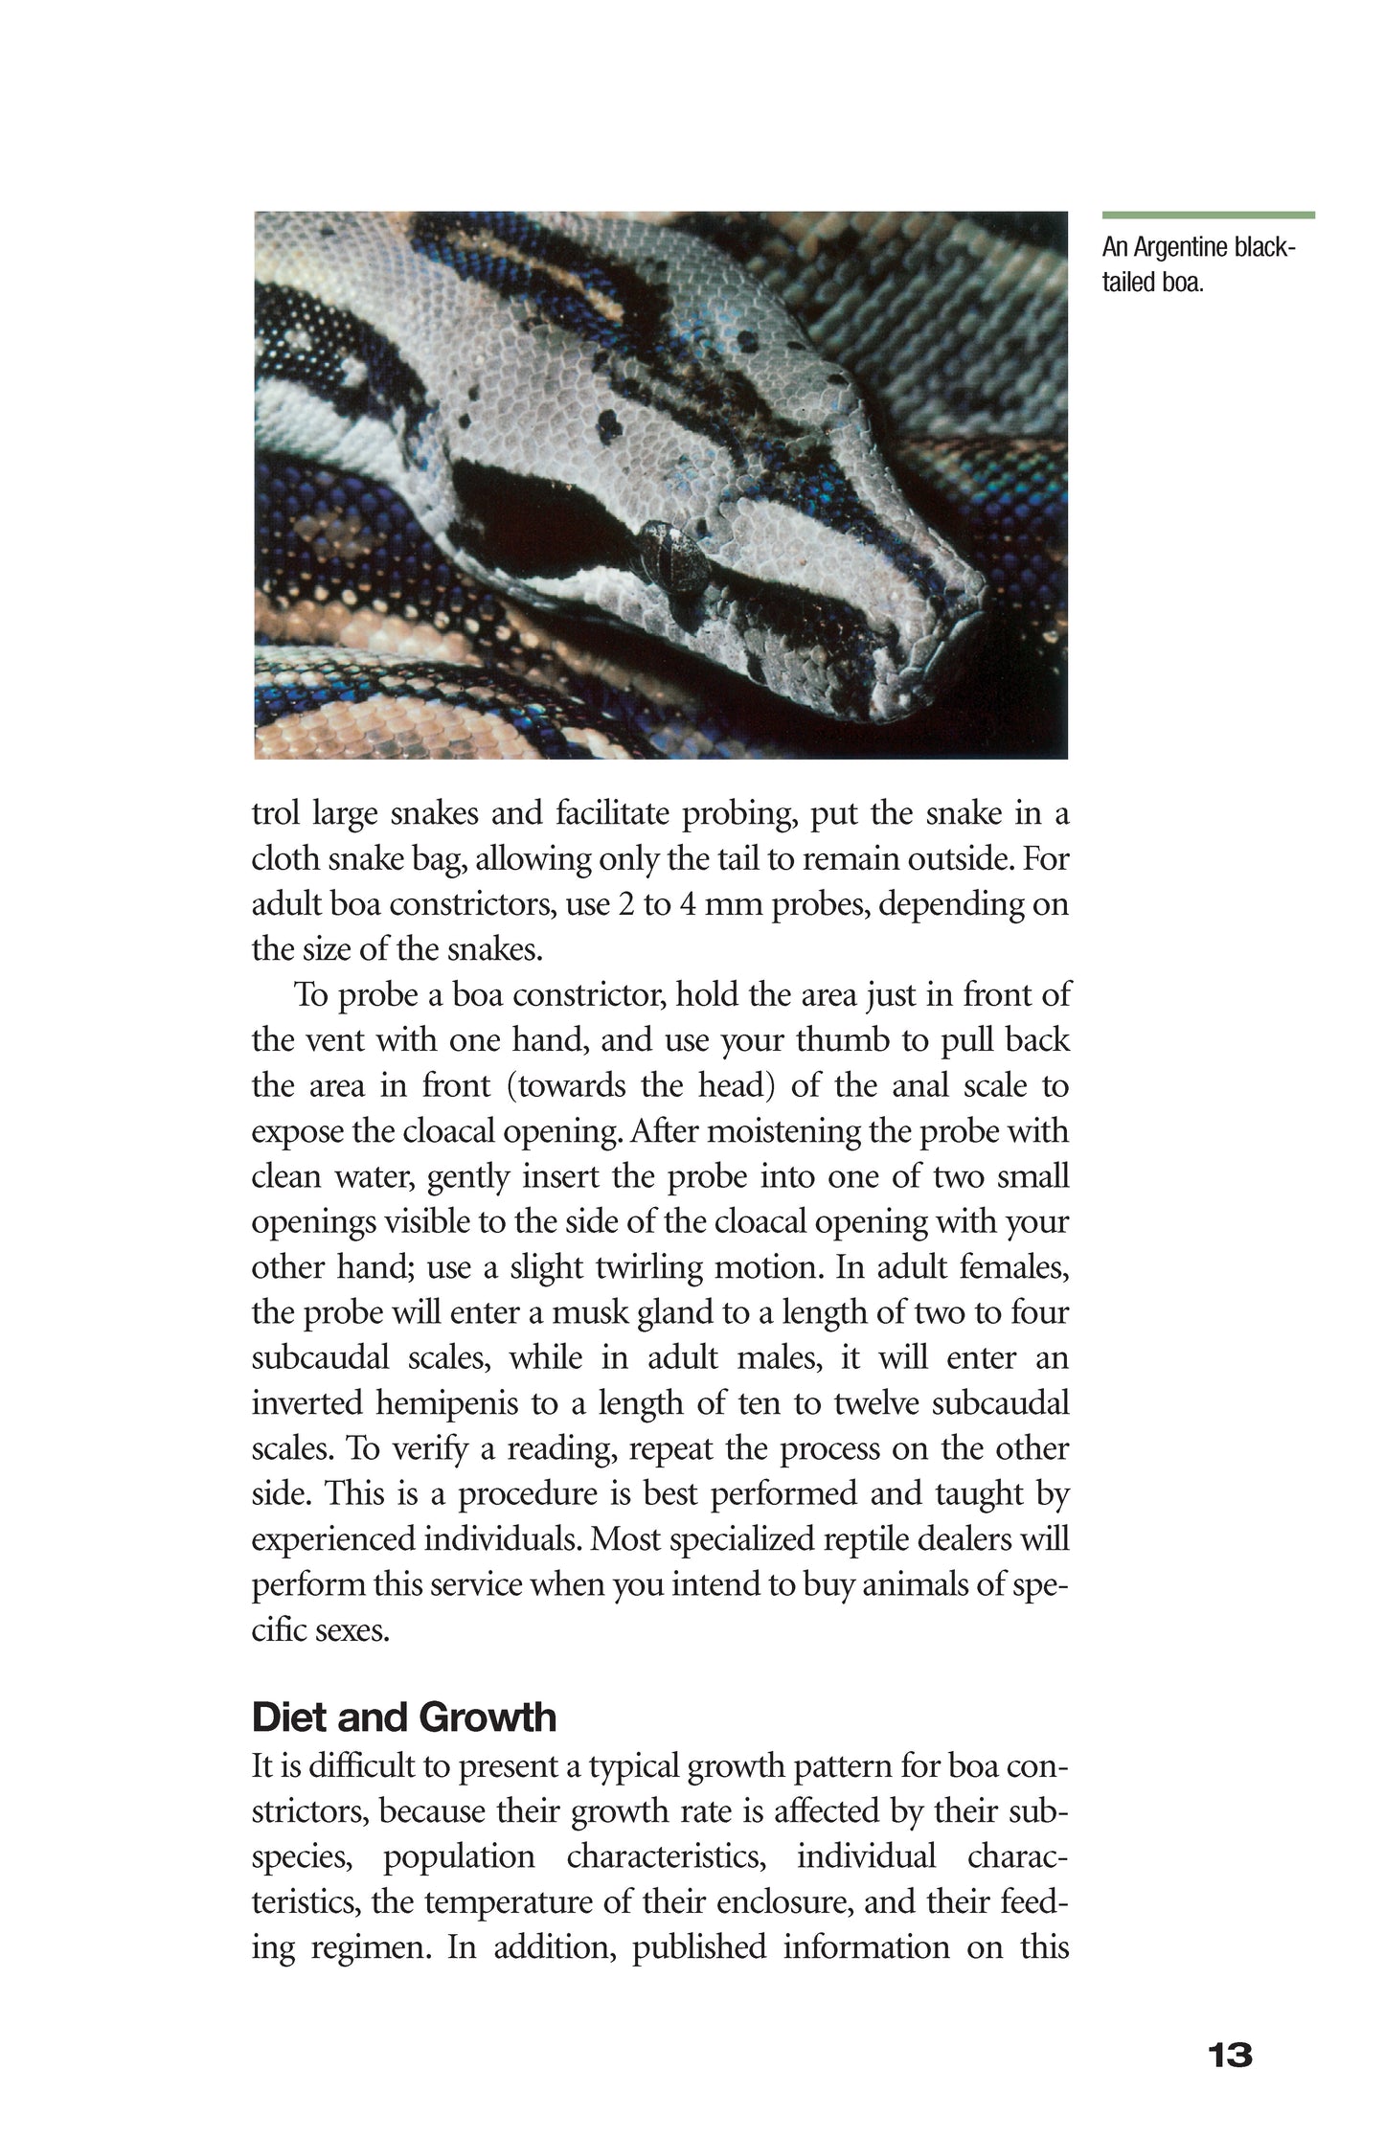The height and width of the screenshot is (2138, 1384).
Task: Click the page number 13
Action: click(x=1230, y=2055)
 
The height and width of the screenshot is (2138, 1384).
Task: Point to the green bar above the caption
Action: click(x=1208, y=216)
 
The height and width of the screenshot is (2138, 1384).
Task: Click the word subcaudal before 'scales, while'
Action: click(x=320, y=1358)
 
